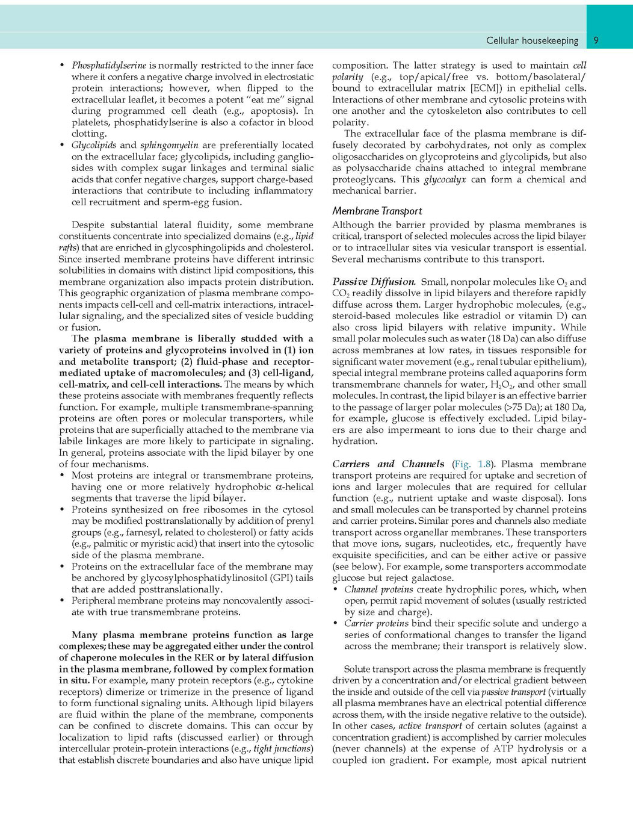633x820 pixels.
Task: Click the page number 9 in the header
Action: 596,40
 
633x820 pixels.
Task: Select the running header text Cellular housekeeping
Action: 532,40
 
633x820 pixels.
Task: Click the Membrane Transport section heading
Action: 377,211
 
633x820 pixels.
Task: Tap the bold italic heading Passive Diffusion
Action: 374,282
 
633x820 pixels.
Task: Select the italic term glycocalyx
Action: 445,179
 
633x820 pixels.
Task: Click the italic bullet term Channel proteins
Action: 378,589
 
